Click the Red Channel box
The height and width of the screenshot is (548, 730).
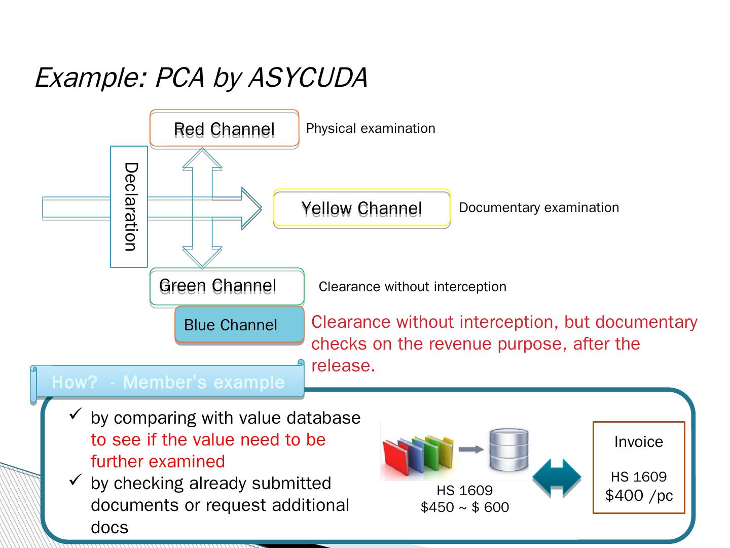[x=224, y=129]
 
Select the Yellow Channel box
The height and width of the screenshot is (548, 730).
[x=361, y=208]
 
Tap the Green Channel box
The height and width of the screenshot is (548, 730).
[x=227, y=286]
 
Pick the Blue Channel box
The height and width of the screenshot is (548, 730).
[x=239, y=325]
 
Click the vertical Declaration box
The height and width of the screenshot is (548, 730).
[x=129, y=207]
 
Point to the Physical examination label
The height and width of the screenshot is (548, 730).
[x=371, y=128]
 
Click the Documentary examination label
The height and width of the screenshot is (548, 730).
[x=539, y=208]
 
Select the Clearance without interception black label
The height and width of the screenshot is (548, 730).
[x=412, y=287]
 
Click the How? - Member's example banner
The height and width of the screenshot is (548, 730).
[x=168, y=382]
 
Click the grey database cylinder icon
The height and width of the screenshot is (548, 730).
[x=509, y=450]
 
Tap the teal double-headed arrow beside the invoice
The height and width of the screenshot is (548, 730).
[x=557, y=477]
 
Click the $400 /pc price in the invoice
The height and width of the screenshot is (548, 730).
[x=639, y=495]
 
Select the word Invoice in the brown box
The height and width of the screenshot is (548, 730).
[x=638, y=442]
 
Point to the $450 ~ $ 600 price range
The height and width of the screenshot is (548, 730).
[x=464, y=507]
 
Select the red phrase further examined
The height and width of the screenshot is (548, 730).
[x=158, y=461]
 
